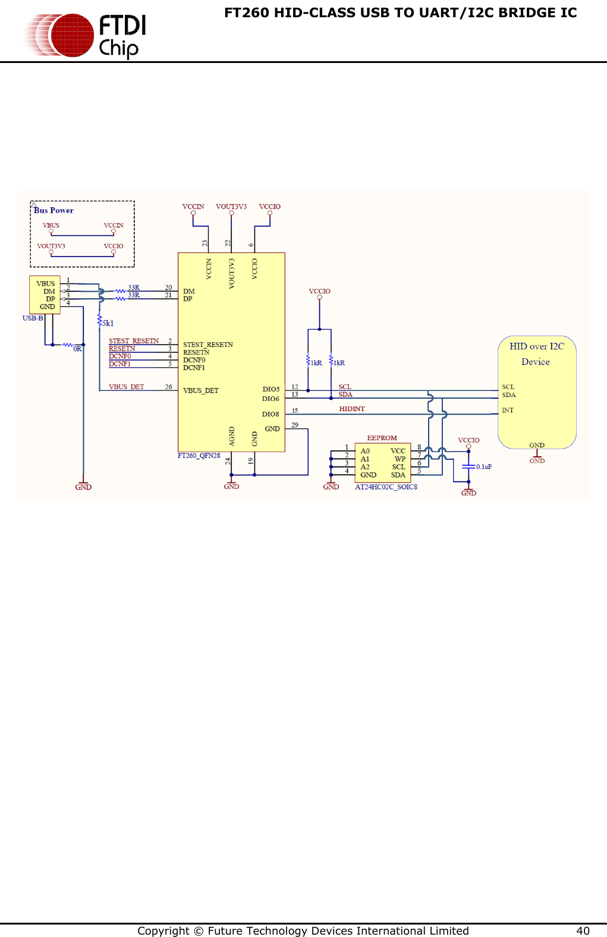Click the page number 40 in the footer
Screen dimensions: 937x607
(583, 930)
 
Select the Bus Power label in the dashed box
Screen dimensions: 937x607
(54, 210)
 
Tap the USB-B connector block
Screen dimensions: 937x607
(45, 295)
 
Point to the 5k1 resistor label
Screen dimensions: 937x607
(108, 323)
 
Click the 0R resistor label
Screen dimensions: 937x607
(77, 349)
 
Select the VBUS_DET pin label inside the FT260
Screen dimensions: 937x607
(200, 390)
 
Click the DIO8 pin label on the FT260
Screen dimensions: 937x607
(271, 414)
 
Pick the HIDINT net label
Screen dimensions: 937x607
(352, 409)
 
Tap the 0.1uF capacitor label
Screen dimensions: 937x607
(484, 467)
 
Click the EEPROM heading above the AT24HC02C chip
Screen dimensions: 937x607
(382, 438)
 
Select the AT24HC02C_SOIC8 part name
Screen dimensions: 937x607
(386, 487)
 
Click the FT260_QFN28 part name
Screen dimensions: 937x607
(199, 456)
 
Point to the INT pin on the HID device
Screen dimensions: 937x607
(507, 410)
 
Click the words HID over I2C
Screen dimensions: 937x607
(536, 346)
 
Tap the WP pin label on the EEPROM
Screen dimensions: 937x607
(400, 459)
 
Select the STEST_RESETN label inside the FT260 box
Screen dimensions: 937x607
(207, 345)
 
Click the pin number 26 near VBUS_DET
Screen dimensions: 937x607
(168, 387)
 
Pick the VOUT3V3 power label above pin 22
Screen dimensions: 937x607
(231, 207)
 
